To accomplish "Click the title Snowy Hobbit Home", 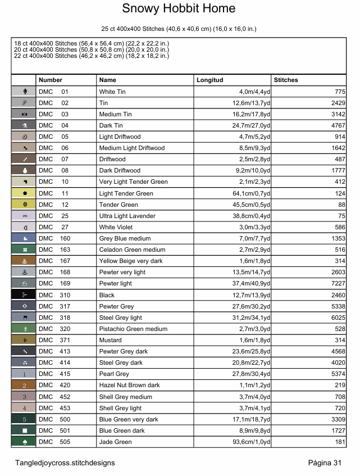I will tap(179, 9).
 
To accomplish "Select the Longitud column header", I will tap(210, 80).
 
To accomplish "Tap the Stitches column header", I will tap(286, 80).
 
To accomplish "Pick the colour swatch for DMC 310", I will tap(24, 295).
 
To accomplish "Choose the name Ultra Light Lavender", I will tap(127, 216).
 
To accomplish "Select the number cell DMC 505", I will tap(54, 442).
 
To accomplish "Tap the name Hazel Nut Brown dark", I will tap(129, 386).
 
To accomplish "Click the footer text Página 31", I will tap(325, 463).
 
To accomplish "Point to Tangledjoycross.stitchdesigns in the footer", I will tap(65, 463).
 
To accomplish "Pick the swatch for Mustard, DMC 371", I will tap(24, 341).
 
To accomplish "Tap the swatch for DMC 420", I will tap(24, 386).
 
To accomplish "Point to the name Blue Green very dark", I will tap(129, 419).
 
